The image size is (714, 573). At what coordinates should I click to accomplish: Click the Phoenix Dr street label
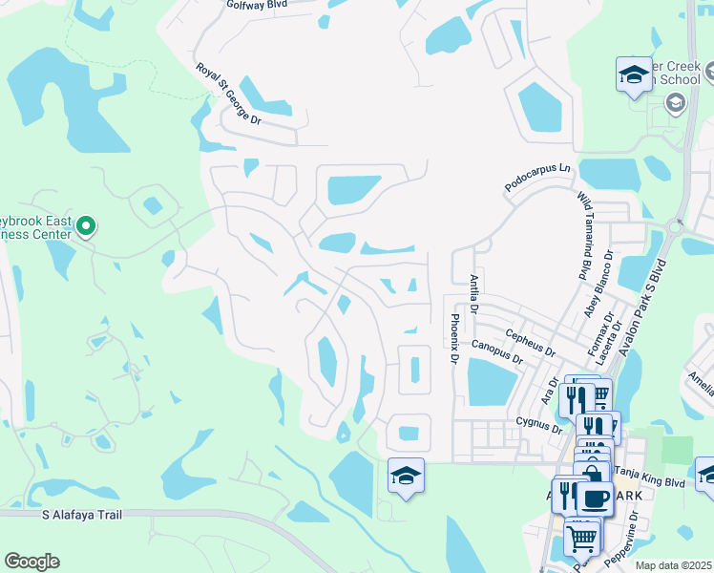tap(455, 339)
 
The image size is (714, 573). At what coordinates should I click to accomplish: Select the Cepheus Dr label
tap(532, 341)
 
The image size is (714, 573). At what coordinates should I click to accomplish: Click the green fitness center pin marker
tap(86, 226)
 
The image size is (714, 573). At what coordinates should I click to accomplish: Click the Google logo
tap(31, 562)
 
